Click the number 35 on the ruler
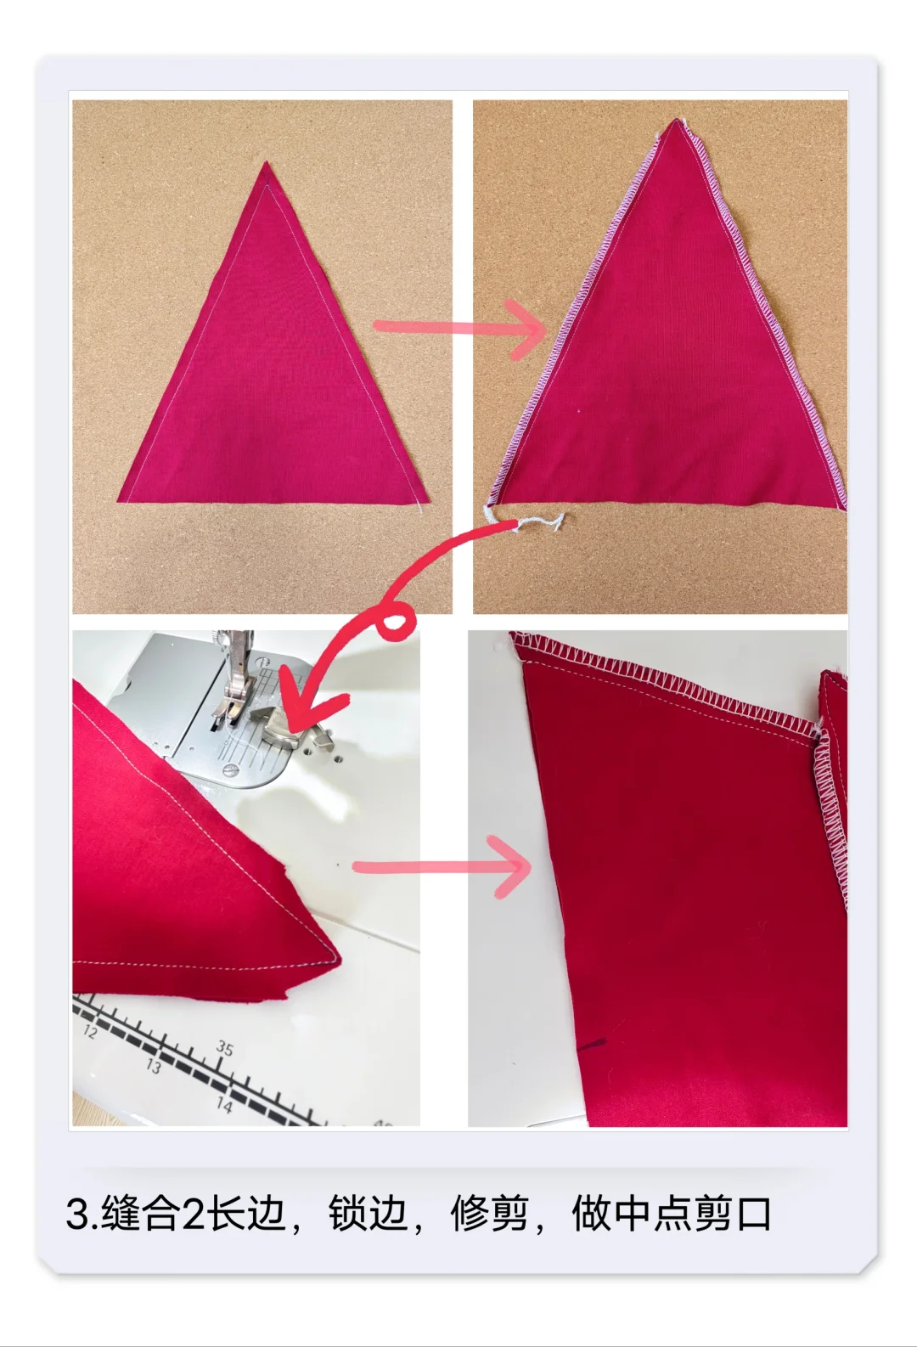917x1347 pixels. tap(224, 1048)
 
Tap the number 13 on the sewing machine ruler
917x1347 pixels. tap(153, 1065)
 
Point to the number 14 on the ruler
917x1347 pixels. tap(224, 1104)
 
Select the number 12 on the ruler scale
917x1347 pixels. tap(90, 1032)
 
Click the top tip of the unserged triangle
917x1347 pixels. tap(266, 163)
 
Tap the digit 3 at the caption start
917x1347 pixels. tap(78, 1215)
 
